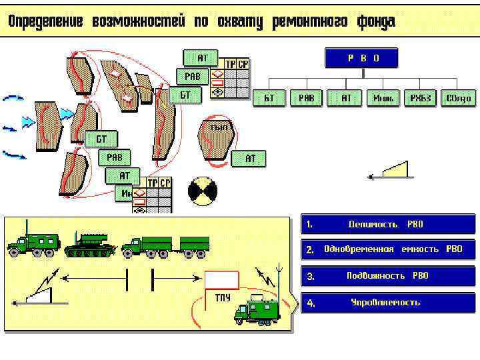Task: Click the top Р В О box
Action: pyautogui.click(x=361, y=58)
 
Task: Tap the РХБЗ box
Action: pyautogui.click(x=421, y=99)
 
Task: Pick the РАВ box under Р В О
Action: pyautogui.click(x=306, y=99)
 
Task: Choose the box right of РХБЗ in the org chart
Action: pyautogui.click(x=459, y=99)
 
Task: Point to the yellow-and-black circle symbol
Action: pyautogui.click(x=203, y=191)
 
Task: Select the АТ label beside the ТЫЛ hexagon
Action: pyautogui.click(x=249, y=159)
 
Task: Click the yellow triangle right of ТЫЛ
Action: pyautogui.click(x=395, y=170)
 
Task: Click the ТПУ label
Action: pyautogui.click(x=223, y=297)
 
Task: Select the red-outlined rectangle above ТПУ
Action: pyautogui.click(x=221, y=280)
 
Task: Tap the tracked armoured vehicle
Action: pyautogui.click(x=90, y=245)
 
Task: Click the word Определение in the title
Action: pyautogui.click(x=45, y=21)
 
